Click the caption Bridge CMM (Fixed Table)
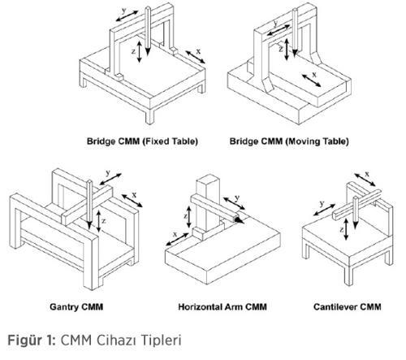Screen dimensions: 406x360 pos(142,141)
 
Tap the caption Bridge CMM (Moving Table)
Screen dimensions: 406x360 pos(289,141)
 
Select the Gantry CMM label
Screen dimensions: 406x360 pos(76,307)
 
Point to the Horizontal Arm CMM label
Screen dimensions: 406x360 pos(222,307)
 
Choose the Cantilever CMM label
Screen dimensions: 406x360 pos(348,307)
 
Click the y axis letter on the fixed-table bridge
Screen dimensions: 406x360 pos(123,11)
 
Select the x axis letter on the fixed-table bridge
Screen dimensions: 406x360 pos(198,51)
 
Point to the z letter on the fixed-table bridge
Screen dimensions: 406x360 pos(133,51)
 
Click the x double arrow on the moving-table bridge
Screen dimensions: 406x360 pos(311,80)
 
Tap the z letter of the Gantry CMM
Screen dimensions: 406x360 pos(104,221)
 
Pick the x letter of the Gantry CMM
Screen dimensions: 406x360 pos(134,195)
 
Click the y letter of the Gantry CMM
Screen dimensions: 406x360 pos(108,172)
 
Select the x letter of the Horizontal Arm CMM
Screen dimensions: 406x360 pos(175,234)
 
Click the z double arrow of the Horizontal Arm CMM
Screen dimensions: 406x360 pos(189,217)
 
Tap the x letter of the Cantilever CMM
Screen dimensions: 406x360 pos(367,174)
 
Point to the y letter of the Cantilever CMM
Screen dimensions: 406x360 pos(322,203)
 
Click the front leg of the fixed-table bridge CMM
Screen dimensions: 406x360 pos(149,116)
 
